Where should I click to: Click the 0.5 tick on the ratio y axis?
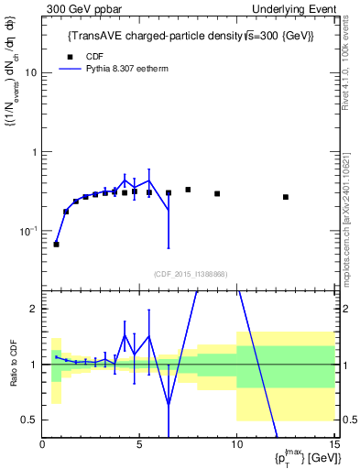[30, 420]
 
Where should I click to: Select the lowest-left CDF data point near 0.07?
[56, 245]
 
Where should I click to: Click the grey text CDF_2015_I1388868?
[190, 274]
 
